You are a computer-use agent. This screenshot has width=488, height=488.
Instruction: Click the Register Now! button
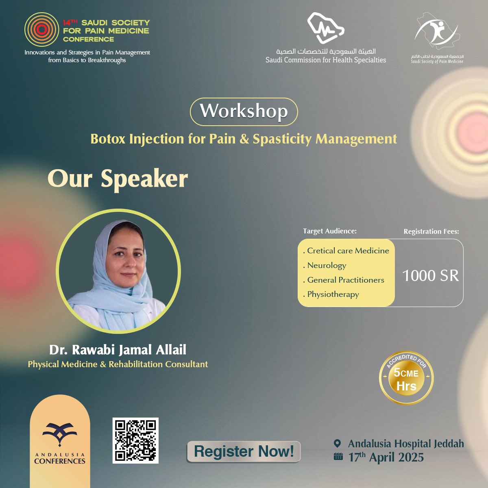tap(244, 451)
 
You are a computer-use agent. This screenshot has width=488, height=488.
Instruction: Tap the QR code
tap(135, 440)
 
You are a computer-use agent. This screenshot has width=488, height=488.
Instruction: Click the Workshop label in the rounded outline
tap(244, 111)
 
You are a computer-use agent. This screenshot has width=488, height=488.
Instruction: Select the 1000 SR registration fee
tap(430, 276)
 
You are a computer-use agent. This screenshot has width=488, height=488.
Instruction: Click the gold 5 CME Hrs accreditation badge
tap(406, 378)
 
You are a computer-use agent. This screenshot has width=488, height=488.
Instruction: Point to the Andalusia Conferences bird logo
tap(60, 434)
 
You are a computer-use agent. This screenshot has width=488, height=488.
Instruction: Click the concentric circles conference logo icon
tap(41, 30)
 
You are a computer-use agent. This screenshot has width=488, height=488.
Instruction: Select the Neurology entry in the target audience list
tap(327, 266)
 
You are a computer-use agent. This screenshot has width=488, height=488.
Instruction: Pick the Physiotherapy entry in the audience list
tap(333, 294)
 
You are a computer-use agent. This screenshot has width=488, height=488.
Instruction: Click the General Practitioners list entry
tap(345, 280)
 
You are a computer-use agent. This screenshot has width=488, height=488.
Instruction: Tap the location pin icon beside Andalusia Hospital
tap(337, 443)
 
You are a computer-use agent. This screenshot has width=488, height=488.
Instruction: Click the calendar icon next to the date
tap(338, 457)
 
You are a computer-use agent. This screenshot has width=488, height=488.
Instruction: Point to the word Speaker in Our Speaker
tap(144, 179)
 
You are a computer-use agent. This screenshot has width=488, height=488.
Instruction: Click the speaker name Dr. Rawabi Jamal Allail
tap(118, 350)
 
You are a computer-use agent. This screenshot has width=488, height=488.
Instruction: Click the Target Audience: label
tap(330, 231)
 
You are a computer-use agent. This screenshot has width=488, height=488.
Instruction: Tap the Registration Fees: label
tap(431, 231)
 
